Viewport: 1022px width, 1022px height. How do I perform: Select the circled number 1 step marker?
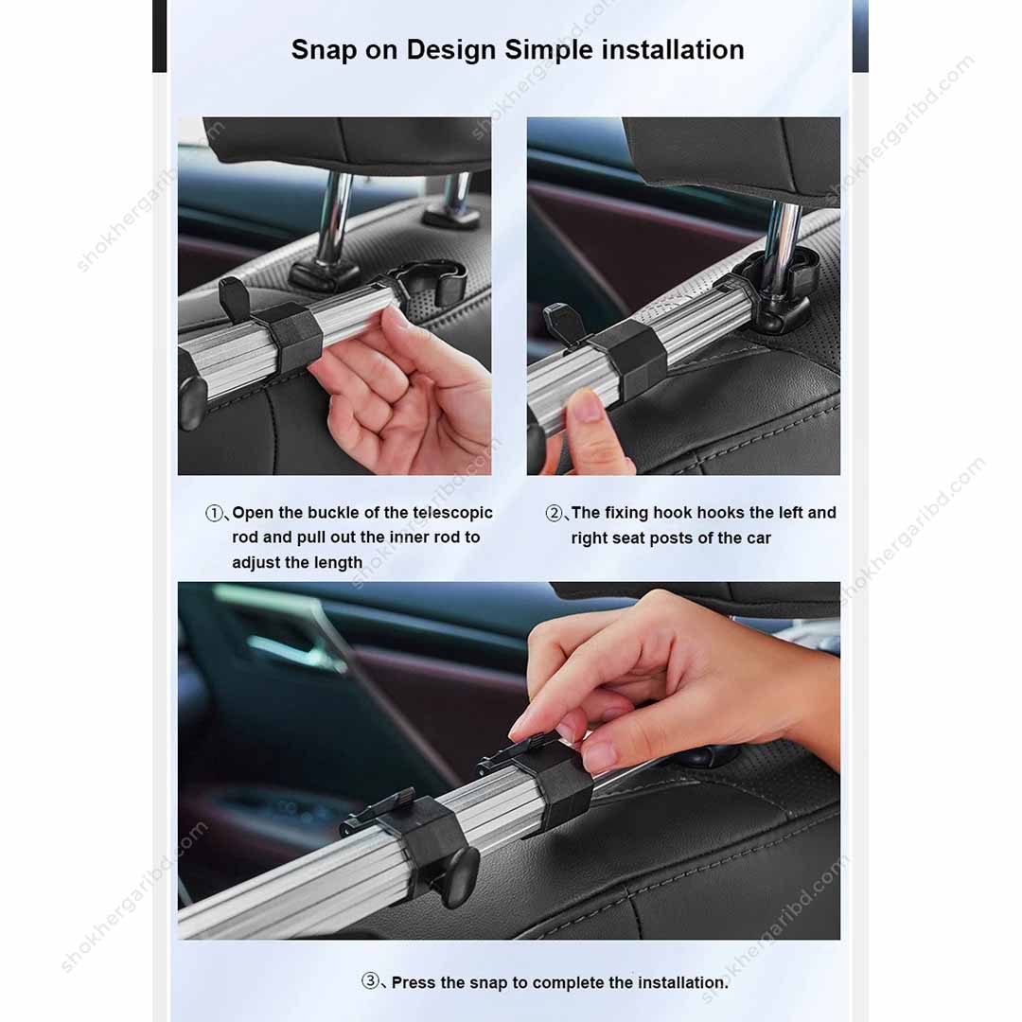[215, 514]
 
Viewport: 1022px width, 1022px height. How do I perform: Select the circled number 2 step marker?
[555, 514]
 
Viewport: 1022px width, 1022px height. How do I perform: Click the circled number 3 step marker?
[371, 982]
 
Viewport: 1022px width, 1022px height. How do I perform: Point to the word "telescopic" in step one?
[453, 513]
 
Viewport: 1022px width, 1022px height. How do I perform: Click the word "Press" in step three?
[414, 983]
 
